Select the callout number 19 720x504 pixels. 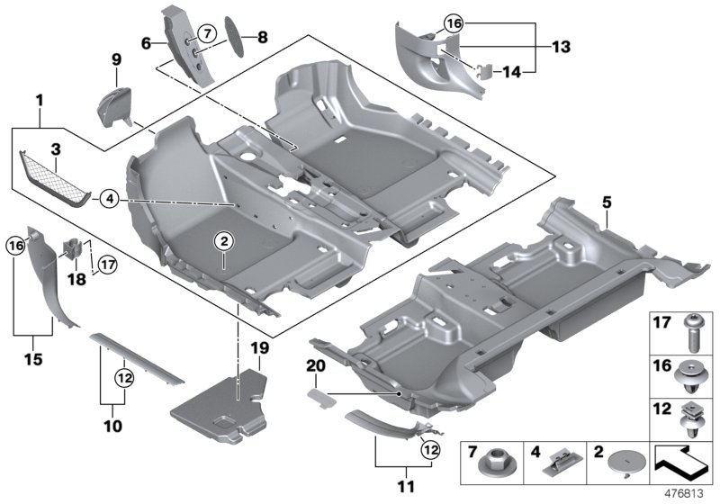259,347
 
